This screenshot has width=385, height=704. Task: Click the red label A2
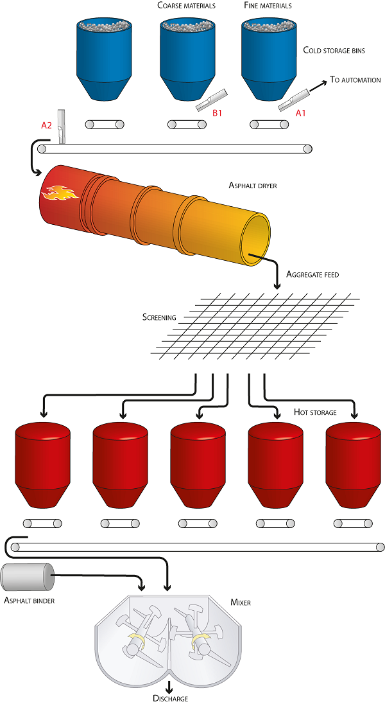[x=46, y=125]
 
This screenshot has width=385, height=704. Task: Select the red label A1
[x=301, y=113]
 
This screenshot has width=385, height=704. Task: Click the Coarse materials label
[x=186, y=6]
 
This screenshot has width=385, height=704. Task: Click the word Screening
[x=159, y=317]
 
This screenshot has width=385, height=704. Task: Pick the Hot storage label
[x=314, y=412]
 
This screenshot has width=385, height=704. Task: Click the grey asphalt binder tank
[x=28, y=577]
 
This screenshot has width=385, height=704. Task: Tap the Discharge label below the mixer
[x=170, y=698]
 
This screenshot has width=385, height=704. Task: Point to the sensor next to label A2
[x=62, y=125]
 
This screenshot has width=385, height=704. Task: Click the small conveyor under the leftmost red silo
[x=42, y=524]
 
